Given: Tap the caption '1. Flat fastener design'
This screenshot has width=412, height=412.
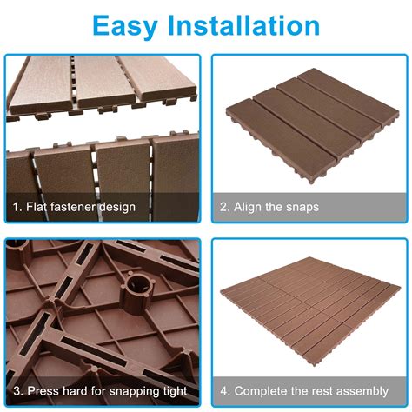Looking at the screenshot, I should pos(74,208).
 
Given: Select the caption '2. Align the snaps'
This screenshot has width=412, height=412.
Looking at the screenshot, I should pos(269,208).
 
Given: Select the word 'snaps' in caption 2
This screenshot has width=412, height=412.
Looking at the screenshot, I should pos(302,208).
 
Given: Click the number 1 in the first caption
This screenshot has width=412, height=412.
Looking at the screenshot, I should pos(16,208).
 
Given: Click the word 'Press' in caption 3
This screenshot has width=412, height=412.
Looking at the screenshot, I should pos(41,391).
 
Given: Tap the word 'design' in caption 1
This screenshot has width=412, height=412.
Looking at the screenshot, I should pos(118,208).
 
